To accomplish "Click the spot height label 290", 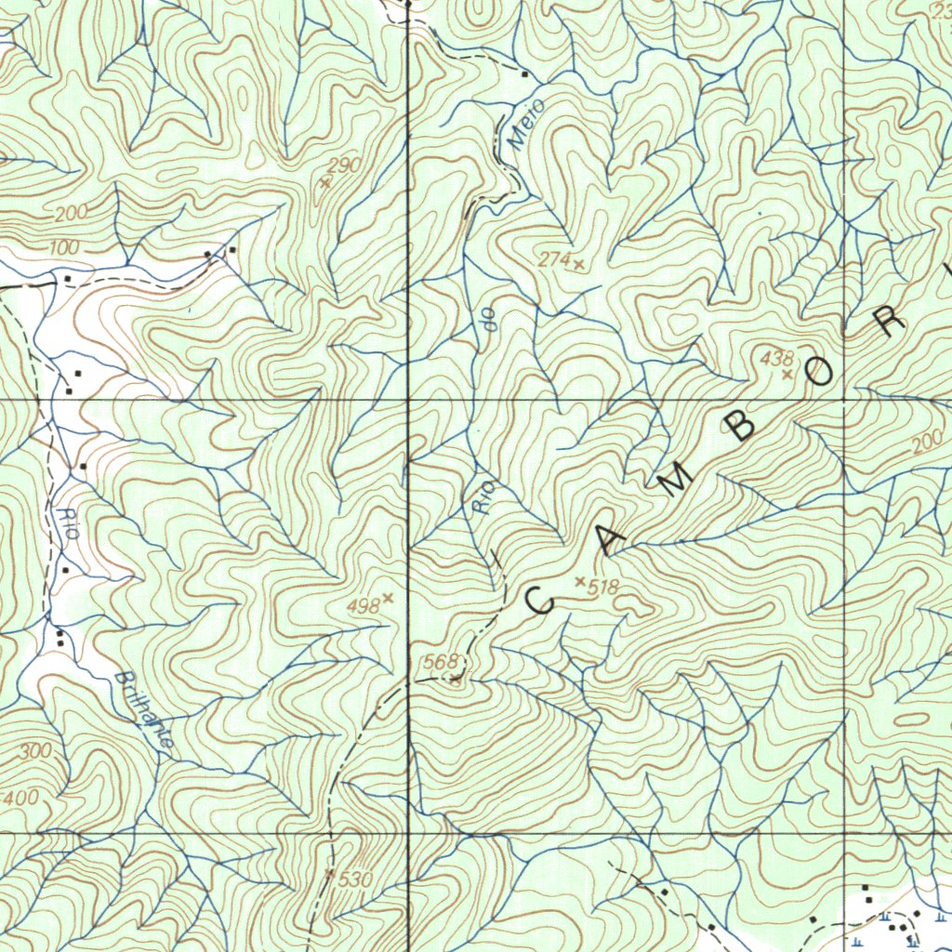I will tap(344, 165).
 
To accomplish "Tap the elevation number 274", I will tap(554, 260).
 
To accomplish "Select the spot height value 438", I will tap(776, 357).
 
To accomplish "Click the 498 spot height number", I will tap(363, 606).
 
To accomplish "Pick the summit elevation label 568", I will tap(441, 662).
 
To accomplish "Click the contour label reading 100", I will tap(64, 248).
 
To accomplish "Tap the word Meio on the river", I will tap(525, 126).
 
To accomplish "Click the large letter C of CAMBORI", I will tap(540, 601).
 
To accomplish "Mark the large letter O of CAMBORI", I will tap(822, 373).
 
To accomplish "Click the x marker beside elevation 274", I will tap(579, 265).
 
